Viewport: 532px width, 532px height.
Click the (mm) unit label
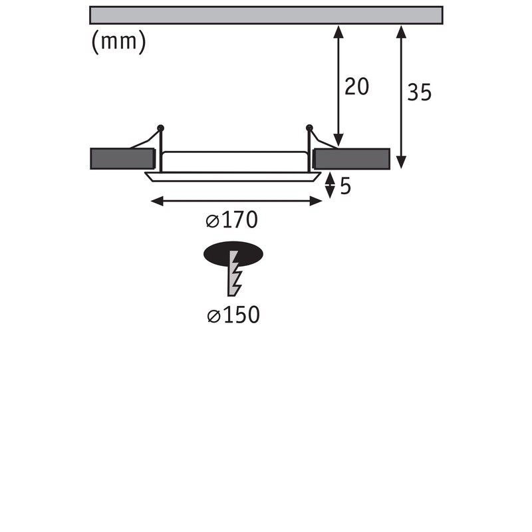(119, 42)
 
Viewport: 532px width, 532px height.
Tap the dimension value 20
(356, 86)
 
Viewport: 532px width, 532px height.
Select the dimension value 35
(420, 92)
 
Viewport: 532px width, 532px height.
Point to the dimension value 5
(345, 186)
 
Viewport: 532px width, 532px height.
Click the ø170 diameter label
(231, 220)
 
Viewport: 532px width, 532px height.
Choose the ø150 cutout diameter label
(233, 315)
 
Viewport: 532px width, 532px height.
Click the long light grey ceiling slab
(267, 15)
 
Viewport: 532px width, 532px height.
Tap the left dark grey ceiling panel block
(122, 159)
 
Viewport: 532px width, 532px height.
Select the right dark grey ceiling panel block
(352, 159)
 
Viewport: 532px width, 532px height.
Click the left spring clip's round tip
(160, 128)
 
